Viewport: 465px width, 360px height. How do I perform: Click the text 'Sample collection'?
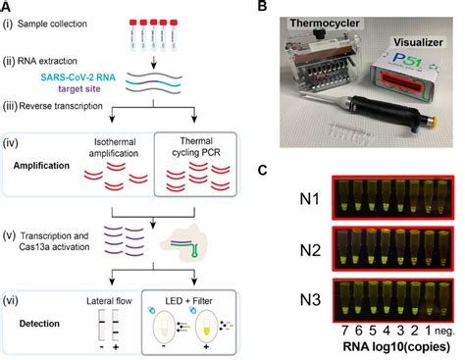coord(65,20)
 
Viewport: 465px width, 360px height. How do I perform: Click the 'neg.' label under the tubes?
coord(447,334)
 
